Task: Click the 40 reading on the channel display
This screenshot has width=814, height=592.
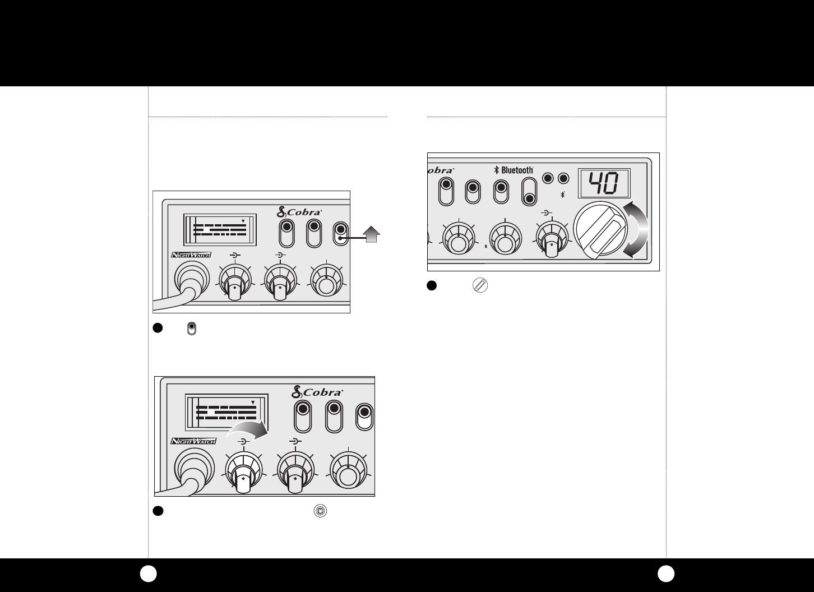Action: pos(604,183)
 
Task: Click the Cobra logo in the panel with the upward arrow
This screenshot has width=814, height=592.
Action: pos(300,212)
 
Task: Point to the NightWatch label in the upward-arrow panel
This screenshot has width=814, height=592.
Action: pos(191,255)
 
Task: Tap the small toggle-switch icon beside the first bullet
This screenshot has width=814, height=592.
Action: pos(192,329)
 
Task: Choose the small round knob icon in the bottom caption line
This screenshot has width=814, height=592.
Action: pos(321,511)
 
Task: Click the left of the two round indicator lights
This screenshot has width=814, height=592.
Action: pos(549,179)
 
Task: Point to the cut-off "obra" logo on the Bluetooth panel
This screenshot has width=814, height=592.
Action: pos(440,170)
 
